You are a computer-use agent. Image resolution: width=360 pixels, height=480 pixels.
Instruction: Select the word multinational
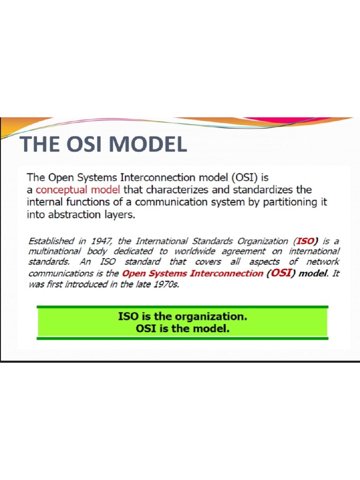(55, 252)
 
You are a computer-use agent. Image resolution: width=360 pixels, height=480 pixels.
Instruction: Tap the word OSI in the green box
(146, 328)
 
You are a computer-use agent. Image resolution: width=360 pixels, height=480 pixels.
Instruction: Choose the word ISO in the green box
(128, 316)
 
